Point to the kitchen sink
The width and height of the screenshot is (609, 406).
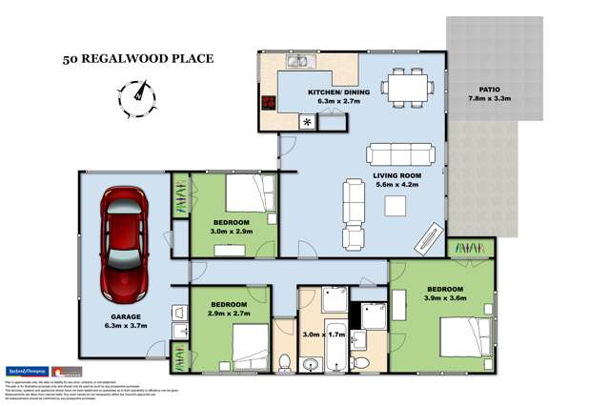coord(298,65)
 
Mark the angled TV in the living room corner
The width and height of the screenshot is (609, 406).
coord(429,233)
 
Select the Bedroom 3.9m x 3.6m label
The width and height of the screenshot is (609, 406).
coord(444,294)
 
